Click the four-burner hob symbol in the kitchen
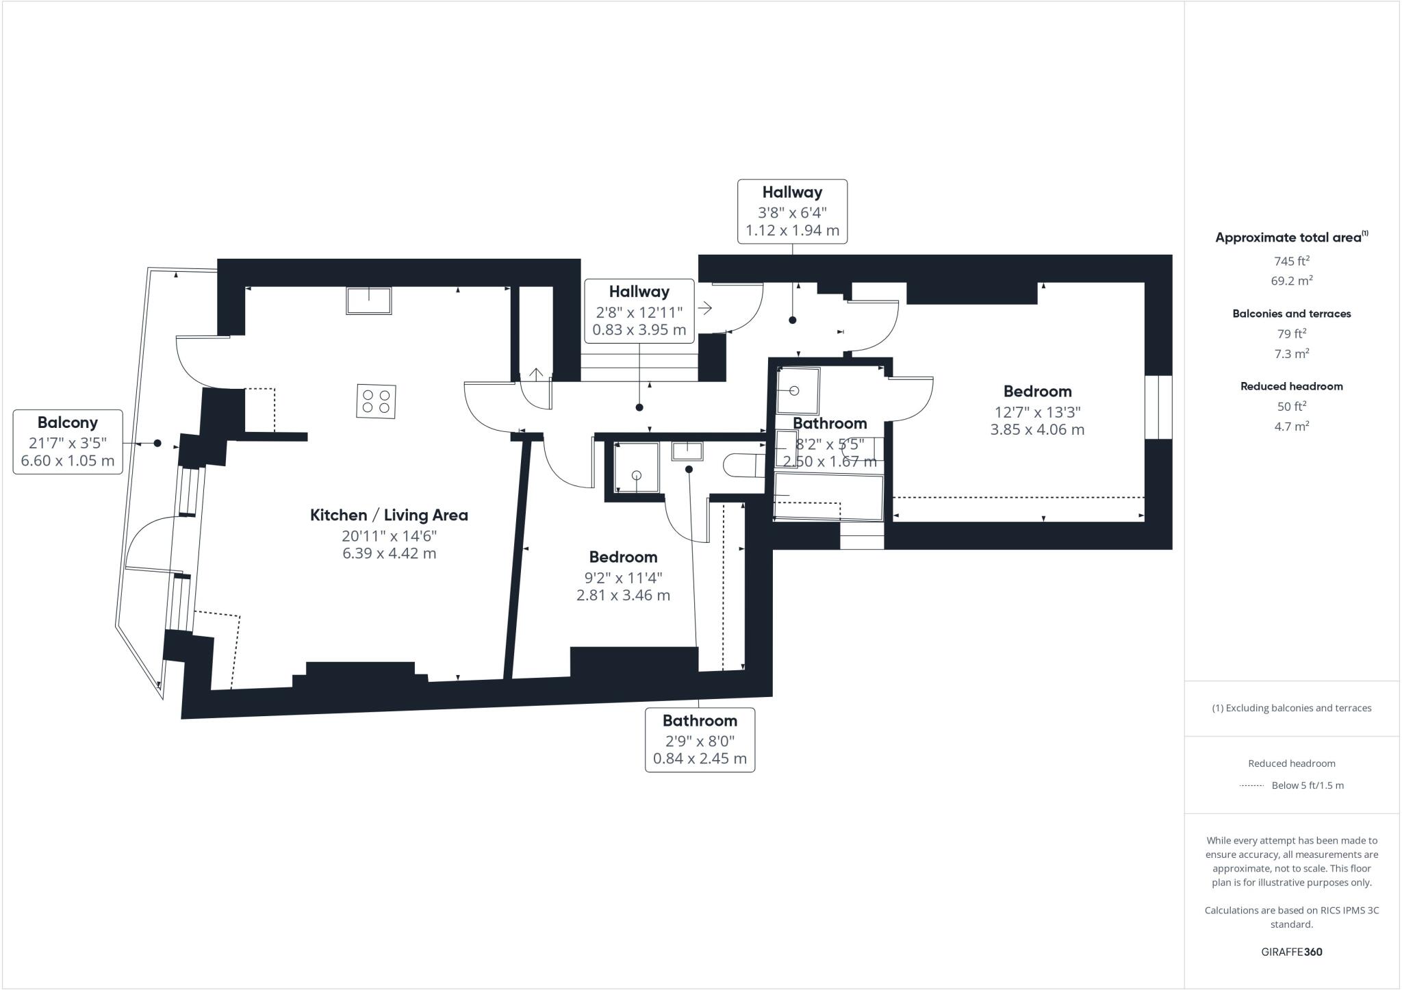point(376,401)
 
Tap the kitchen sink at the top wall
point(369,301)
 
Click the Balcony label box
point(68,442)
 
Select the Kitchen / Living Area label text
point(389,515)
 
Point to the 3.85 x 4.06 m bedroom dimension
point(1037,430)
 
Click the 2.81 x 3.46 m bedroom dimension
point(623,595)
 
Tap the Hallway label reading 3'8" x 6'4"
point(792,211)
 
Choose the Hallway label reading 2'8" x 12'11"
point(639,311)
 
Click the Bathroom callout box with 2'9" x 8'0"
point(700,739)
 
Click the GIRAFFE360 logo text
point(1291,952)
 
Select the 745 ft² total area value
point(1291,261)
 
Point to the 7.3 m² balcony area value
point(1291,353)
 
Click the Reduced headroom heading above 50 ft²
point(1291,386)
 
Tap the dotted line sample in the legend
point(1251,785)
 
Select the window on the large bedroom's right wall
point(1158,407)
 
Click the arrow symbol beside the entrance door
point(704,308)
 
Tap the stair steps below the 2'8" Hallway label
point(639,367)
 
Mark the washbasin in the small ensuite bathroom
point(687,450)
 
